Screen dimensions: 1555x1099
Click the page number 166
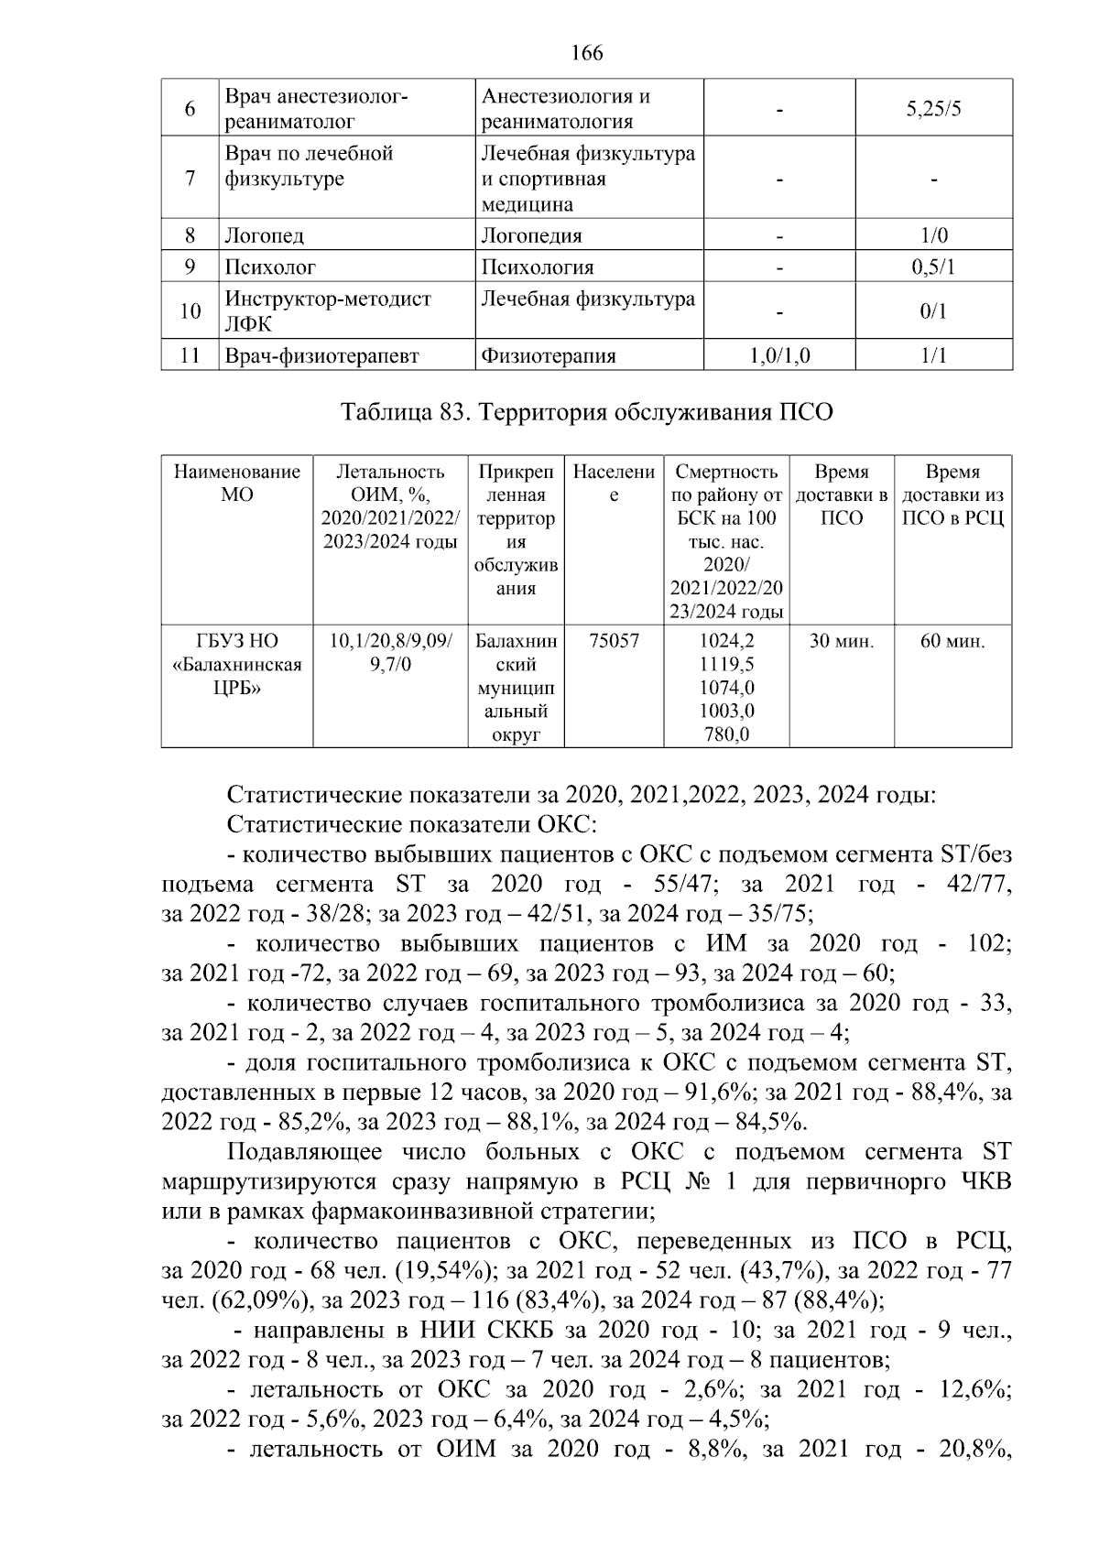[x=586, y=53]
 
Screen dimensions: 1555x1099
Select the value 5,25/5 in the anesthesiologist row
[x=933, y=109]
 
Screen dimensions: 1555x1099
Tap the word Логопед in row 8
[x=264, y=235]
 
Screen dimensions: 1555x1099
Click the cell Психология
[x=538, y=267]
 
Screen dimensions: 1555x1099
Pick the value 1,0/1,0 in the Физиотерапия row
[x=779, y=355]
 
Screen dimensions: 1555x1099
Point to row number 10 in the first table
[x=190, y=311]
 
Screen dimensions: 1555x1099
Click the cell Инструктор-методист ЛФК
[x=328, y=311]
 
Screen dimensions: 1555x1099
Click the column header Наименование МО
[x=237, y=484]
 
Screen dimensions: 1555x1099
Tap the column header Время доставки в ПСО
[x=842, y=495]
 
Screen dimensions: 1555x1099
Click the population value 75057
[x=614, y=641]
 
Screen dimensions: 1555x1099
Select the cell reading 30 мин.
[x=842, y=641]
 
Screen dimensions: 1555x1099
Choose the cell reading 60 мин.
[x=952, y=641]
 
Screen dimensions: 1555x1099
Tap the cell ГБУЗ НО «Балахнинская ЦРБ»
[x=237, y=665]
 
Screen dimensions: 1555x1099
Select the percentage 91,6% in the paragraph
[x=719, y=1093]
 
